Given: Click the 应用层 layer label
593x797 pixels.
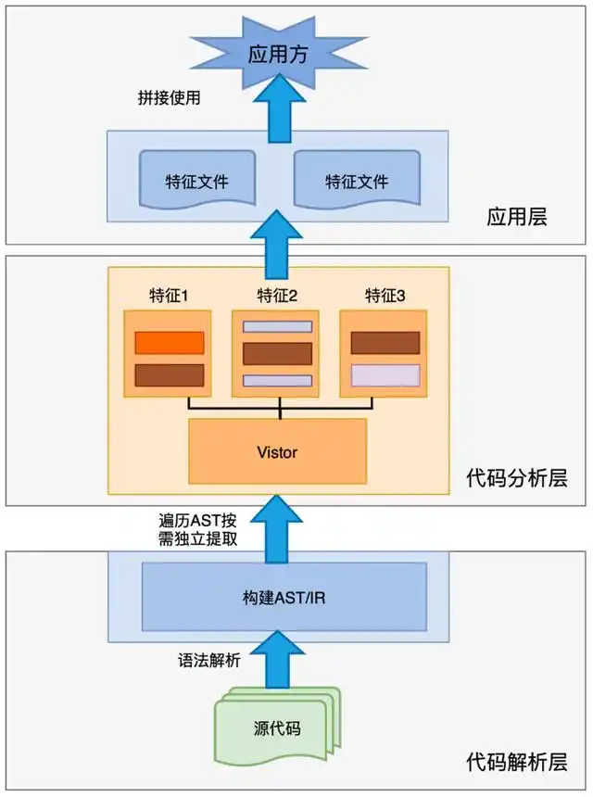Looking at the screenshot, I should pos(516,218).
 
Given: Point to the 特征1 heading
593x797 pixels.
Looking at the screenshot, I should pos(170,296).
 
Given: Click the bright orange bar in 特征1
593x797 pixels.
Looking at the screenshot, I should pos(170,343).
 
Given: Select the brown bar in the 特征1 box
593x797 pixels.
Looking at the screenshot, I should pos(170,375).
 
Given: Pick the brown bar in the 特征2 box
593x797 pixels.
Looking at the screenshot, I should pos(277,354).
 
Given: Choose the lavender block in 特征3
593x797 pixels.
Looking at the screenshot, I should pos(385,375).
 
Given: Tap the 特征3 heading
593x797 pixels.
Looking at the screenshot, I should pos(385,296).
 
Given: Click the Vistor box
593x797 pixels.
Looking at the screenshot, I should pos(277,451).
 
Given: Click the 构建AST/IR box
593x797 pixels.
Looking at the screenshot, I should pos(275,597).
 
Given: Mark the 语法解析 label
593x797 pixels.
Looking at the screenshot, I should pos(209,661).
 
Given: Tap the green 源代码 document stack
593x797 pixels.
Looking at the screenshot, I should pos(275,726).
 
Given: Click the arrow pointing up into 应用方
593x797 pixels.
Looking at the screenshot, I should pos(276,111).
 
